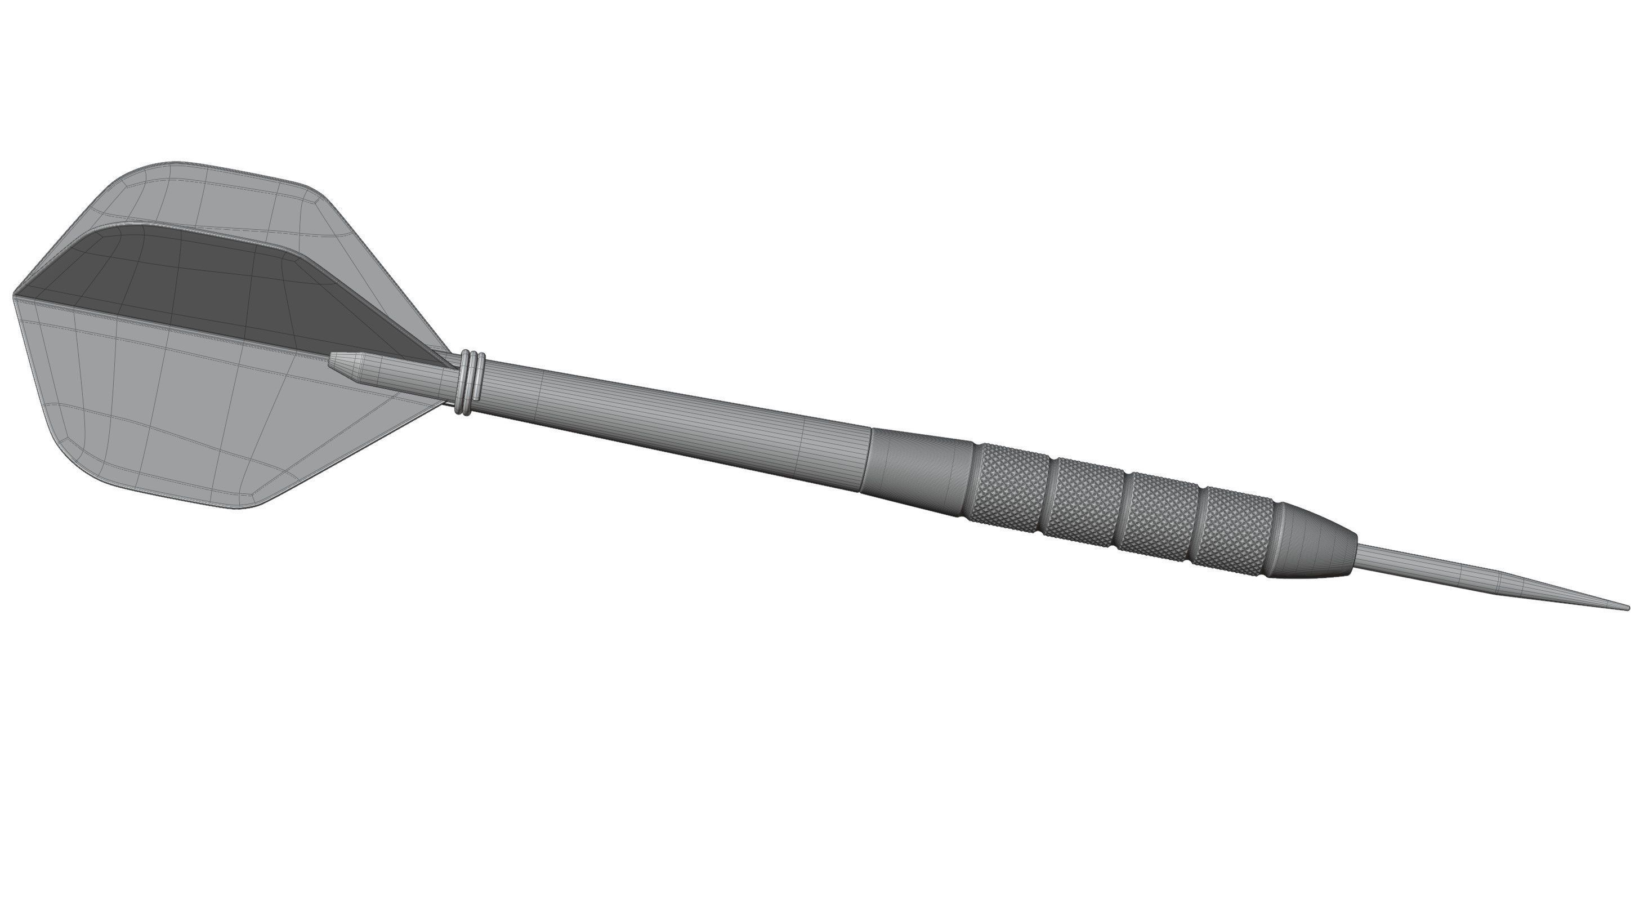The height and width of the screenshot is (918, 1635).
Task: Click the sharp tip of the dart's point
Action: pyautogui.click(x=1627, y=607)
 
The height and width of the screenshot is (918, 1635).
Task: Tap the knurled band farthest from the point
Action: pyautogui.click(x=1009, y=480)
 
